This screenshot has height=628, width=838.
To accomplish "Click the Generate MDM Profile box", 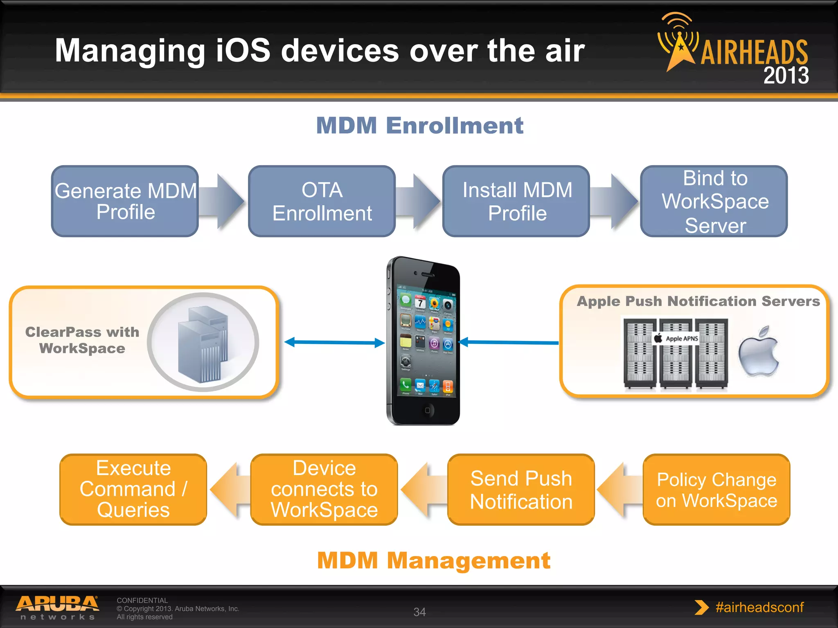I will pyautogui.click(x=125, y=201).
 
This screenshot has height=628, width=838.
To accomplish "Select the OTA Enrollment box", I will pyautogui.click(x=322, y=201).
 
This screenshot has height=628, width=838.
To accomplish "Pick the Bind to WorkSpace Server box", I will pyautogui.click(x=714, y=201).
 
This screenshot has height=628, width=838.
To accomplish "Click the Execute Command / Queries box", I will pyautogui.click(x=133, y=489).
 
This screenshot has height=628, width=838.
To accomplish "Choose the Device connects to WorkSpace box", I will pyautogui.click(x=324, y=489).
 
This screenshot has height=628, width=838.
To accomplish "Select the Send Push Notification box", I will pyautogui.click(x=521, y=489).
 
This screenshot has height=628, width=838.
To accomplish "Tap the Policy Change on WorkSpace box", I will pyautogui.click(x=716, y=489).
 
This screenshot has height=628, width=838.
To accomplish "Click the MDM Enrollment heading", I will pyautogui.click(x=419, y=125).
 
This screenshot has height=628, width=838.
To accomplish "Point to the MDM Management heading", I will pyautogui.click(x=433, y=560).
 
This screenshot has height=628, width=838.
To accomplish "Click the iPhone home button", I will pyautogui.click(x=427, y=410).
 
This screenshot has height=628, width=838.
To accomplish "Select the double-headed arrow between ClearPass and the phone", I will pyautogui.click(x=334, y=342).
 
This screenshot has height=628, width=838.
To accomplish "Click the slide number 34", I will pyautogui.click(x=419, y=612).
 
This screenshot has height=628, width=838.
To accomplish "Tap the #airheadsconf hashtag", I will pyautogui.click(x=759, y=607).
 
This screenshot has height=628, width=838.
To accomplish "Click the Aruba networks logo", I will pyautogui.click(x=57, y=608).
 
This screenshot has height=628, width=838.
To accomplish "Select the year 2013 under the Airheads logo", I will pyautogui.click(x=786, y=76).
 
